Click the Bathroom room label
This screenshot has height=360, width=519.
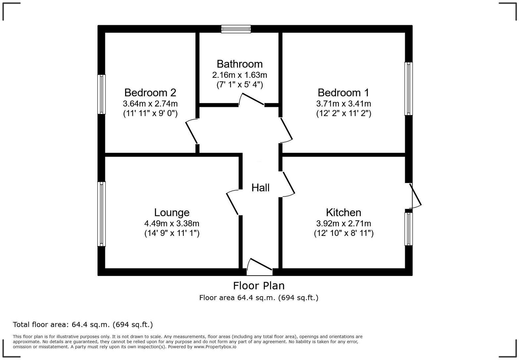(239, 64)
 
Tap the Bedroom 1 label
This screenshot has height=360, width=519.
(343, 92)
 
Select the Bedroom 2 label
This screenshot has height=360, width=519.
(150, 92)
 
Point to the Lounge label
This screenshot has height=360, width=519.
(172, 212)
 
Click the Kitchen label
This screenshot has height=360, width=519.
(343, 212)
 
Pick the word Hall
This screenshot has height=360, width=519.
(260, 188)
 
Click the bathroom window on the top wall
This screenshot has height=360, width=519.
(236, 29)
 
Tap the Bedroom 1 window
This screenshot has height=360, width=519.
(409, 89)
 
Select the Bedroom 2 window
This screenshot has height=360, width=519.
(101, 94)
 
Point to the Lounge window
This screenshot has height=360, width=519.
(101, 214)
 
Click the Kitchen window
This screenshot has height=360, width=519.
(409, 229)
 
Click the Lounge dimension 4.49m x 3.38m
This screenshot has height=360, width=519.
(172, 223)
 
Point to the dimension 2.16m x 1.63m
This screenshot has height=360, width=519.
(239, 75)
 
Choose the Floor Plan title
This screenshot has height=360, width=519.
(259, 286)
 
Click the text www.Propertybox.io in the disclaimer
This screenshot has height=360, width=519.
(215, 347)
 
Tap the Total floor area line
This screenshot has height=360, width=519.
(83, 325)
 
